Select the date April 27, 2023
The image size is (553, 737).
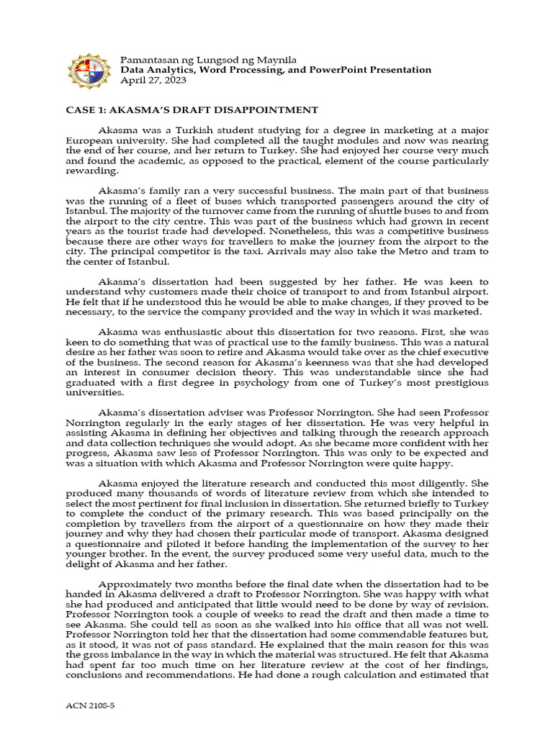[x=153, y=81]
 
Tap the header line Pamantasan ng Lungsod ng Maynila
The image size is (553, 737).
[x=208, y=59]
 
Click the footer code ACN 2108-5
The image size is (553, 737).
[x=91, y=707]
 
